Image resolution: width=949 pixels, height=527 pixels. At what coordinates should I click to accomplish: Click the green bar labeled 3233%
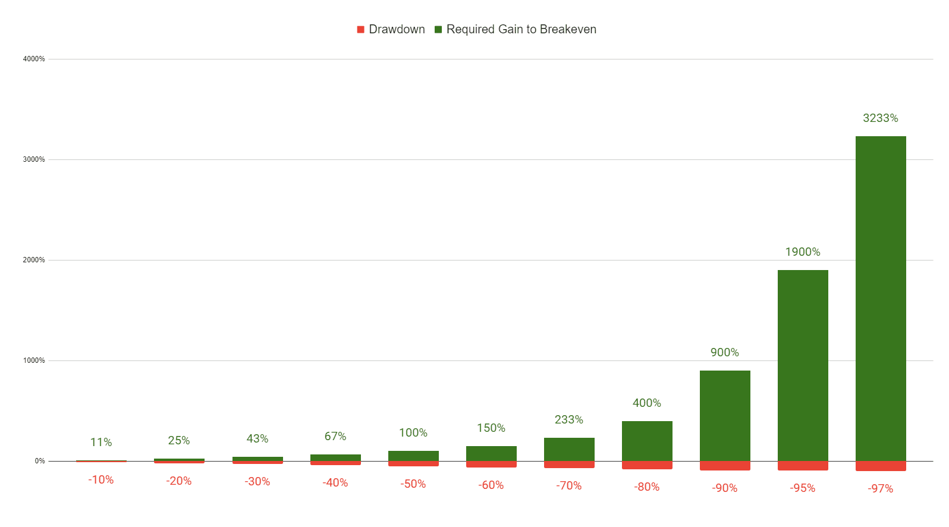coord(881,297)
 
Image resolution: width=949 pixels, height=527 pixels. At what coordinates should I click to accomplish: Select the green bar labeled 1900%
coord(803,365)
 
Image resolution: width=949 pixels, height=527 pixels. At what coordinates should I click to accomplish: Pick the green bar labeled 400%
coord(647,441)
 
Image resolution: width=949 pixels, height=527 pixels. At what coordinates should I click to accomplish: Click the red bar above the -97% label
coord(881,466)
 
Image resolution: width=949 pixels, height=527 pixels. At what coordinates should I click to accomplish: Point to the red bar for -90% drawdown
coord(725,466)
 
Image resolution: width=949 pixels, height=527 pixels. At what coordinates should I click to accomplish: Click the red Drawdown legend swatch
coord(360,30)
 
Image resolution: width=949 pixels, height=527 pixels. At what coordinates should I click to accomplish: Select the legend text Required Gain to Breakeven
coord(521,30)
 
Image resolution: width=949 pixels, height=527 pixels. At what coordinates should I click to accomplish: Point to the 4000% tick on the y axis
coord(34,59)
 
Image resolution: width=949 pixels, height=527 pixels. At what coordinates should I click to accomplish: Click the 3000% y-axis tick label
coord(34,159)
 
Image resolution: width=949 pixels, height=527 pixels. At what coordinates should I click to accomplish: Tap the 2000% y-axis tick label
coord(34,260)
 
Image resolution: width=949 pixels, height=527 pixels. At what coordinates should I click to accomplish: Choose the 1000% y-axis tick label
coord(34,360)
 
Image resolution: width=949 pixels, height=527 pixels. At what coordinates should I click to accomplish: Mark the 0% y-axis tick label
coord(40,461)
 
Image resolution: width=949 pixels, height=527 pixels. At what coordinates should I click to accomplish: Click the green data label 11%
coord(101,443)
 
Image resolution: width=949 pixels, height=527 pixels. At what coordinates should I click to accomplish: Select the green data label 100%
coord(413,433)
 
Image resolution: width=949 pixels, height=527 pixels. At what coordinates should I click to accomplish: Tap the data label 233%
coord(569,420)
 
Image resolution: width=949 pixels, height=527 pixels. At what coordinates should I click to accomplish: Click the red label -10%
coord(101,480)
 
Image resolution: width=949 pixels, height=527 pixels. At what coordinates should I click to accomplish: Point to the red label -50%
coord(413,484)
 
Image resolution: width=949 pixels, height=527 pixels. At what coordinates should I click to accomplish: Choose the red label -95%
coord(803,488)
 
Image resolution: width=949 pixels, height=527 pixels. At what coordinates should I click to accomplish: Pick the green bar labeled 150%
coord(491,453)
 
